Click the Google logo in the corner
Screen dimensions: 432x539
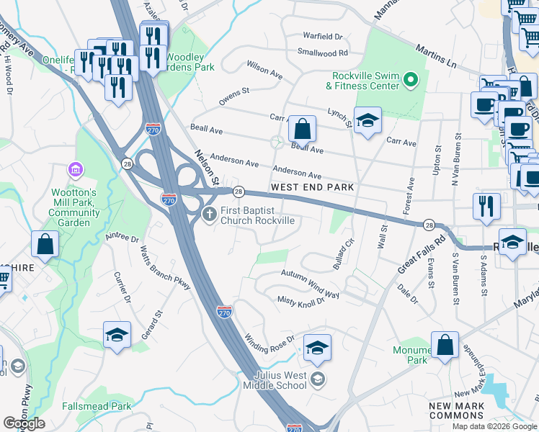(x=24, y=423)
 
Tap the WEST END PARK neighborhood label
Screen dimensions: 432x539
(x=312, y=187)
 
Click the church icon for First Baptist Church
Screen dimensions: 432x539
(x=210, y=214)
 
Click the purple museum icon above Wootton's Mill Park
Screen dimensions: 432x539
(x=73, y=170)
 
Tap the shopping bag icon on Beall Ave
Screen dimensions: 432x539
(x=303, y=130)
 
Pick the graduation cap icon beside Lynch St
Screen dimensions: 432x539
(x=367, y=121)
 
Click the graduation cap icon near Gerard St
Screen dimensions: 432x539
(x=117, y=336)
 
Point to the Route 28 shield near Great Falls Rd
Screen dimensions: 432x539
(x=428, y=225)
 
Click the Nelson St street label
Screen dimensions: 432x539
(x=206, y=167)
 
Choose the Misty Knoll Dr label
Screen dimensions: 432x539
(x=301, y=300)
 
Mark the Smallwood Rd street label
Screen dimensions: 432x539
(x=323, y=53)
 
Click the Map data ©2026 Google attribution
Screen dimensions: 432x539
(x=494, y=426)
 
